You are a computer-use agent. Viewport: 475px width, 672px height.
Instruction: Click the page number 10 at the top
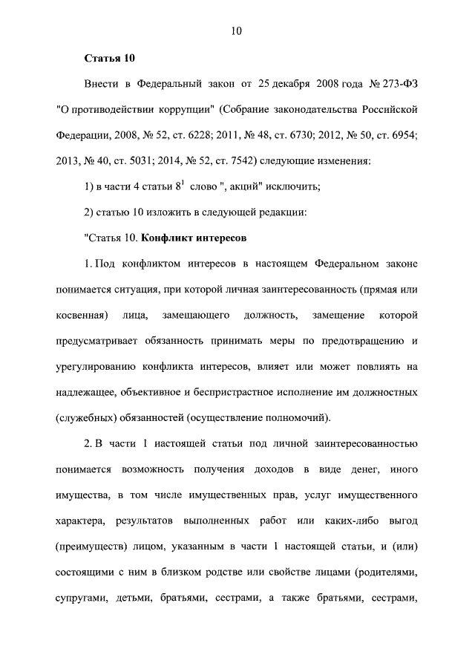point(237,31)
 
